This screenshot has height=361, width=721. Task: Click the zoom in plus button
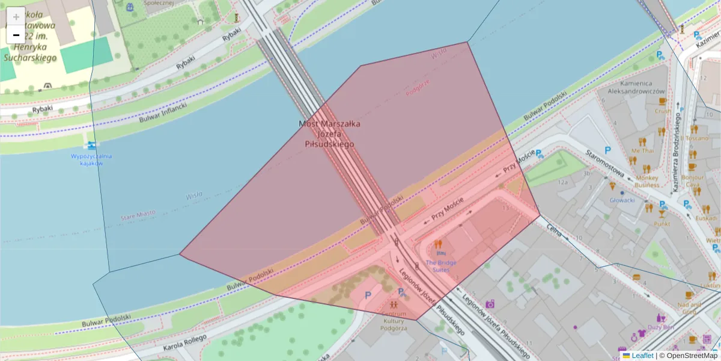tap(16, 16)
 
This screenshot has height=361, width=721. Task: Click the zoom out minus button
tap(16, 35)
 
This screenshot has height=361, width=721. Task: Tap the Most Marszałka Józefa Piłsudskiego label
tap(330, 134)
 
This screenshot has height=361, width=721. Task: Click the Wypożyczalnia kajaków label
tap(91, 159)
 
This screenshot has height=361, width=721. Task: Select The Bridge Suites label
tap(441, 266)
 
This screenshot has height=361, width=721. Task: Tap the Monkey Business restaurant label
tap(647, 181)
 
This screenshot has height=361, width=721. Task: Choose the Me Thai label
tap(642, 150)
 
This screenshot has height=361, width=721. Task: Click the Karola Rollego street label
tap(184, 342)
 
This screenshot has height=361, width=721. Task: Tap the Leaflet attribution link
tap(642, 356)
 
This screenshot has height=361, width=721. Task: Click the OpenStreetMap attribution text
tap(692, 356)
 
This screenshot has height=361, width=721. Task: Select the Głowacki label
tap(622, 200)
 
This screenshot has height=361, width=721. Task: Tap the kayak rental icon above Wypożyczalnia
tap(91, 146)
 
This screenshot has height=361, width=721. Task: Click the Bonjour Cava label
tap(692, 181)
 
